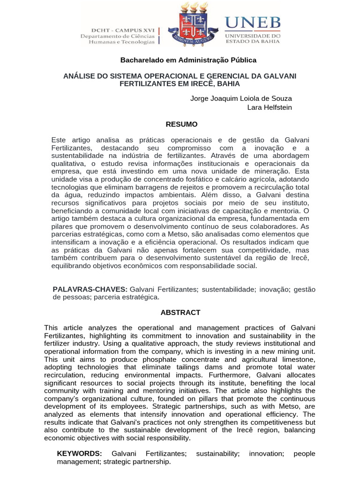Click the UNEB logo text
253,22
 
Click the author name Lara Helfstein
270,107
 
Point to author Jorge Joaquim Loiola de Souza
241,98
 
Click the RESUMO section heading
182,124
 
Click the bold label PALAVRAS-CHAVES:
90,289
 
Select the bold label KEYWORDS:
79,453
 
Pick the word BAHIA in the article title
227,83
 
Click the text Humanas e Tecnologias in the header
121,42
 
